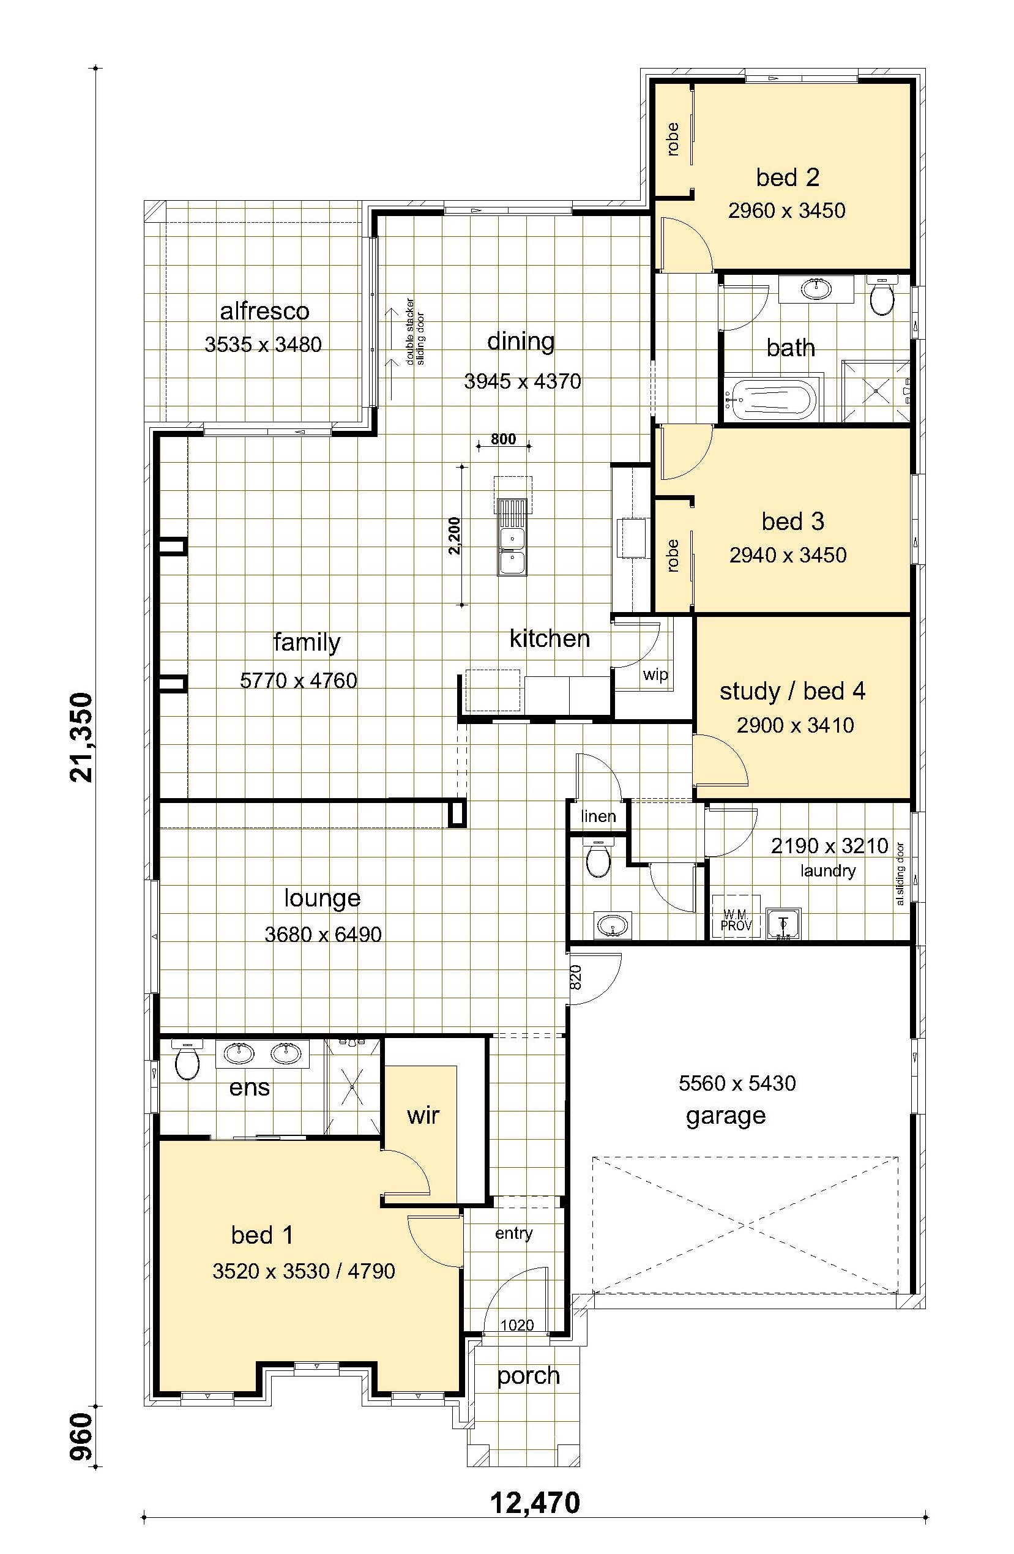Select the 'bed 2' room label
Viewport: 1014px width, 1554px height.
(788, 177)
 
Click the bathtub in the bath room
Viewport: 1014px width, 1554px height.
(773, 400)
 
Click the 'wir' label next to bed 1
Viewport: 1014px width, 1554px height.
(423, 1115)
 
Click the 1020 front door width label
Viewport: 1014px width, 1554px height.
(517, 1326)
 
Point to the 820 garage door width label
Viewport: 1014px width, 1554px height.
(575, 977)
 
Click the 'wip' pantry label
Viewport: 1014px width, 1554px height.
(655, 675)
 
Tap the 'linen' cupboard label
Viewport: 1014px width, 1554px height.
(598, 815)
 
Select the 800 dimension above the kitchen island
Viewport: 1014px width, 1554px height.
(504, 439)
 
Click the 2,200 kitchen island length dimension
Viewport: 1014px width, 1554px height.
(455, 536)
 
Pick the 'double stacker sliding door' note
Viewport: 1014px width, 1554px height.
(415, 331)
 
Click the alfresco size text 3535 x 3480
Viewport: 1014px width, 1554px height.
(263, 344)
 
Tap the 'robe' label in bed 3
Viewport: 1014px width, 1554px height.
(673, 556)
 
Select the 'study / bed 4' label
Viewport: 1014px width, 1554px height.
(792, 691)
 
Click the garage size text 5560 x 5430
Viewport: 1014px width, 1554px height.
(737, 1084)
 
